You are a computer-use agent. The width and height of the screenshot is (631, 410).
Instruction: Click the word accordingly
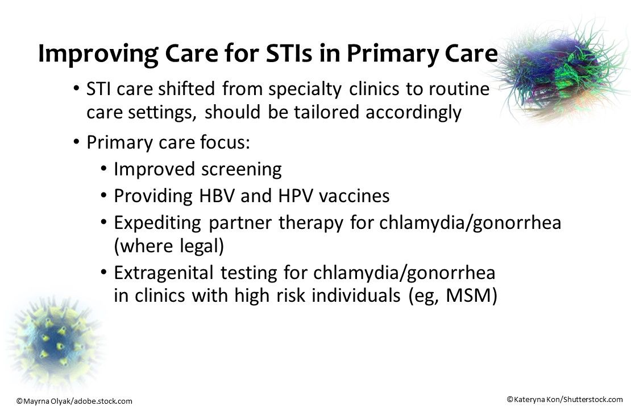(x=413, y=113)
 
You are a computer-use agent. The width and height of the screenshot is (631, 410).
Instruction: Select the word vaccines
(x=354, y=196)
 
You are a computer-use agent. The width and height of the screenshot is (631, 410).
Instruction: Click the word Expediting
(x=157, y=223)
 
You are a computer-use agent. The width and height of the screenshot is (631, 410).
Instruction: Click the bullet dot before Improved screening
(x=103, y=169)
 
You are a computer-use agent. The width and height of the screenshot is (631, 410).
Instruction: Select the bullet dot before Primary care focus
(x=76, y=142)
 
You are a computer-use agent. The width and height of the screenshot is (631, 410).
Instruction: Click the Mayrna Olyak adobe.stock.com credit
(x=74, y=401)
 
